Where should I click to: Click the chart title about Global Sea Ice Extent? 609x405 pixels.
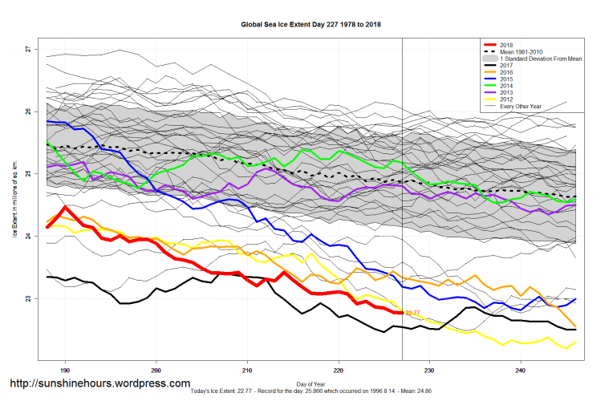(x=311, y=25)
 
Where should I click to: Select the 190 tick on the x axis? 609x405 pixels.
(x=64, y=371)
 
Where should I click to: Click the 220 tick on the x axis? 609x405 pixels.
(x=339, y=371)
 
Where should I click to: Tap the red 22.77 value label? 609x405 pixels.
(x=413, y=312)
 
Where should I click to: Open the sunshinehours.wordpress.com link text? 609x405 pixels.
(x=100, y=383)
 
